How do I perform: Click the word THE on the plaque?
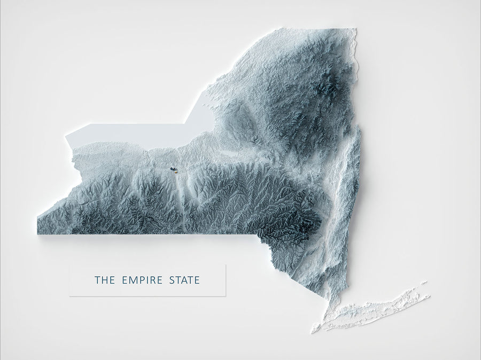[104, 280]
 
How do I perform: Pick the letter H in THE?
[104, 280]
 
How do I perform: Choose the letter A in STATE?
[184, 280]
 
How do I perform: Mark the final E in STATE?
[197, 280]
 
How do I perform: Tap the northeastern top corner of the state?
[354, 30]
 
